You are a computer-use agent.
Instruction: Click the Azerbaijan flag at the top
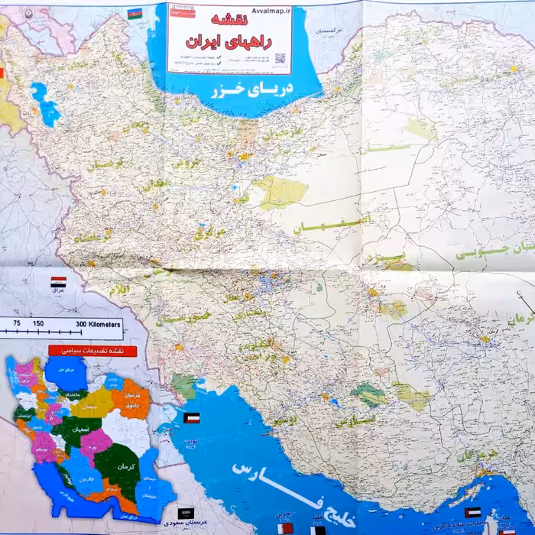click(135, 13)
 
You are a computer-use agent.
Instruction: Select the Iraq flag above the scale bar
click(58, 282)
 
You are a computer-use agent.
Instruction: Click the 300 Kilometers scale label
click(98, 324)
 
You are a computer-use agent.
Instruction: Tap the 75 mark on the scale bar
click(16, 324)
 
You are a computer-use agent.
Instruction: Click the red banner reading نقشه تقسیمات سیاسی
click(92, 351)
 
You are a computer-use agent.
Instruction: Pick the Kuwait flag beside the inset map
click(192, 418)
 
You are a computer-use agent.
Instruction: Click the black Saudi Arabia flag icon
click(186, 514)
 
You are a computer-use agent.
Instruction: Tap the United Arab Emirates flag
click(473, 512)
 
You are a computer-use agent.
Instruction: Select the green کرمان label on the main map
click(522, 317)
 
